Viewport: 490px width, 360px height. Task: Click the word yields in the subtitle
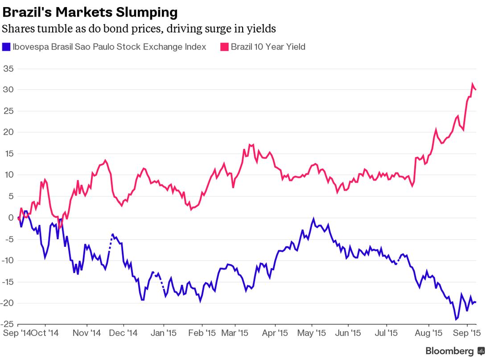point(262,29)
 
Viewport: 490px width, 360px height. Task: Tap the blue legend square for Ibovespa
point(6,47)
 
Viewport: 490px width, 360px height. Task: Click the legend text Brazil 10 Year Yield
point(268,47)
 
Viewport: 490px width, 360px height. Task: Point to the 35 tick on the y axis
point(8,69)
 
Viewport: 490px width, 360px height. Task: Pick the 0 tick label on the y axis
point(11,218)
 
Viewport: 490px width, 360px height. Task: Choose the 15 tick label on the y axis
point(8,154)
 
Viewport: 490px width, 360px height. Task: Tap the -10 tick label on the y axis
point(7,261)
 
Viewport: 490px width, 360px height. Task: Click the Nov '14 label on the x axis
point(87,333)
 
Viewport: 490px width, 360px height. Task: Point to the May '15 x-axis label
point(312,333)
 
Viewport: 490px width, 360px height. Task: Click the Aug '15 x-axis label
point(428,333)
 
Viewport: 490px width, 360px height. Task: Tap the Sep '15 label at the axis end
point(466,333)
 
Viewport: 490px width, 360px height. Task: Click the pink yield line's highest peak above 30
point(473,84)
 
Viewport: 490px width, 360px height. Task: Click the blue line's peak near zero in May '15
point(313,219)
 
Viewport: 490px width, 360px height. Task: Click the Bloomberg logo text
point(449,351)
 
